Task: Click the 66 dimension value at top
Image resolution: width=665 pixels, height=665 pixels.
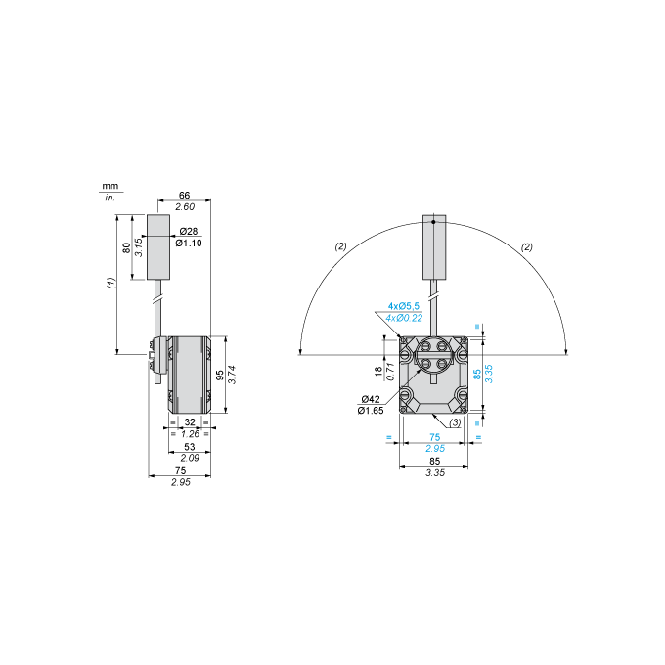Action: click(x=184, y=195)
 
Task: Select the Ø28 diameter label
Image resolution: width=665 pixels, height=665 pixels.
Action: click(x=189, y=231)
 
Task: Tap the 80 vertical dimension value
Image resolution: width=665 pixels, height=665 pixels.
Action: click(x=126, y=247)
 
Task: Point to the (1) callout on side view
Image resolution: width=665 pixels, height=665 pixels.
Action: click(x=111, y=283)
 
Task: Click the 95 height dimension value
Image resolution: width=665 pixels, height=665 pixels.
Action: click(x=220, y=375)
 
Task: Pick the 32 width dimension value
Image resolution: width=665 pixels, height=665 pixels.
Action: click(x=190, y=422)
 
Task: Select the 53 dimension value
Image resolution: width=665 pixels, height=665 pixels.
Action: click(x=189, y=447)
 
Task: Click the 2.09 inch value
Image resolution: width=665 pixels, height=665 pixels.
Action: click(x=189, y=458)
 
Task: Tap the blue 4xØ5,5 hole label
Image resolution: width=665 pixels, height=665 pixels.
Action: click(x=404, y=306)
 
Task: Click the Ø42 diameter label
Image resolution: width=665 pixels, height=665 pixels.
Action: click(x=371, y=399)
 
